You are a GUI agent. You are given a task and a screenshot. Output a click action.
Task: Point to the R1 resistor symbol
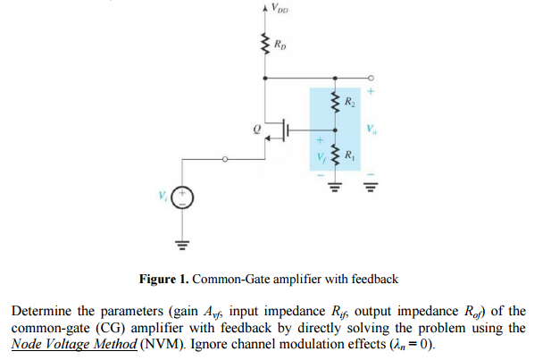(336, 157)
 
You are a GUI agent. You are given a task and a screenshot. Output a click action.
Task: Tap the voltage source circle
(182, 197)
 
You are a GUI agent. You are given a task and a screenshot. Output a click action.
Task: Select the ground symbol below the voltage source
(182, 240)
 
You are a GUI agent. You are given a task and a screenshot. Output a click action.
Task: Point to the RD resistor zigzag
(264, 43)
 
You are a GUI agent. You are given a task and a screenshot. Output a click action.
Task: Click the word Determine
(39, 311)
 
